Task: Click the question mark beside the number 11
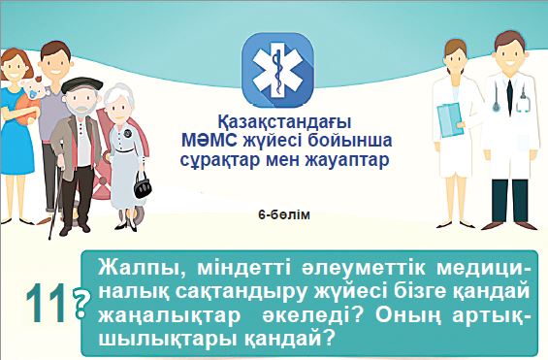coord(80,304)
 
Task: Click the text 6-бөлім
coord(284,212)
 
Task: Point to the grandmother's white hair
coord(122,91)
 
